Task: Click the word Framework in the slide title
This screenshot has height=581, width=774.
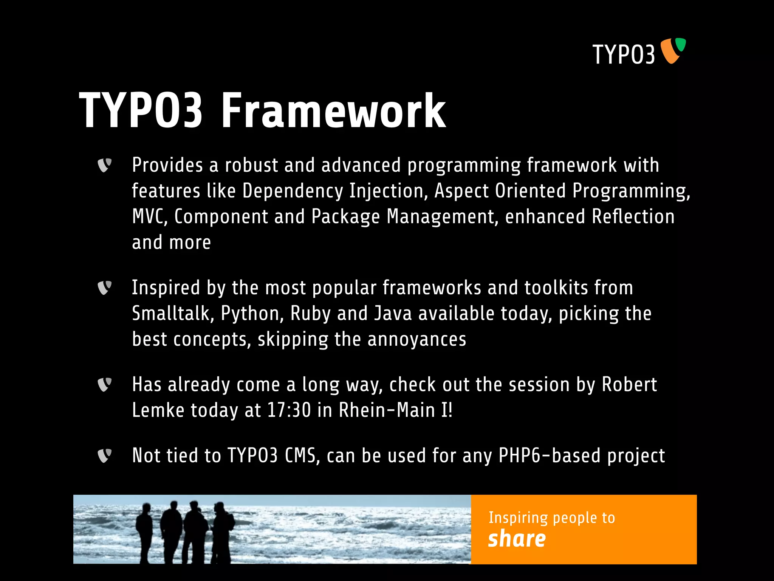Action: (x=333, y=111)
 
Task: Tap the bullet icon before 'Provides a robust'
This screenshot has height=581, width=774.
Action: (x=105, y=165)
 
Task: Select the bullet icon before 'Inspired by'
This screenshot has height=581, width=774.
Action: (x=105, y=288)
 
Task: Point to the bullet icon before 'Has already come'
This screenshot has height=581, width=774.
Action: (x=105, y=385)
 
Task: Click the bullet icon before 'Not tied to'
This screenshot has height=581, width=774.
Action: (x=105, y=455)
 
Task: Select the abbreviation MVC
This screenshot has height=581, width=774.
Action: (x=149, y=217)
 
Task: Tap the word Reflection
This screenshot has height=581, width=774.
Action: (x=633, y=217)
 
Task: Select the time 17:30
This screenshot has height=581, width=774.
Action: (x=289, y=410)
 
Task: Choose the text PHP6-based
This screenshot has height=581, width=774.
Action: (x=550, y=455)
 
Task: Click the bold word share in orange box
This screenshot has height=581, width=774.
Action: (x=517, y=539)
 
